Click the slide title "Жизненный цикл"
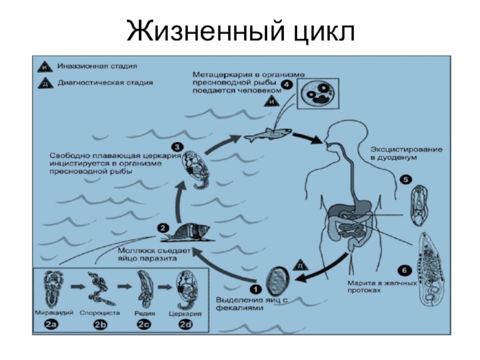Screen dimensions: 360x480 240,31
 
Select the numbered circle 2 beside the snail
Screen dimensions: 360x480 163,228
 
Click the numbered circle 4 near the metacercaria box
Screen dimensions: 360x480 287,85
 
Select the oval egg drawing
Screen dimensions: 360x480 277,280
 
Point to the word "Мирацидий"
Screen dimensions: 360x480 56,312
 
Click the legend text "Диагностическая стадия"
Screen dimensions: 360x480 105,82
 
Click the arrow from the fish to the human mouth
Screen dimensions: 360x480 307,138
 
